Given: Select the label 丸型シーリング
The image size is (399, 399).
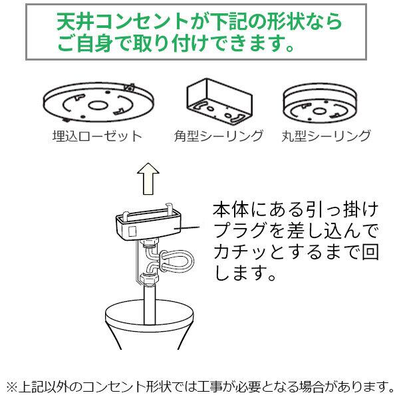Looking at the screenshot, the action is [325, 137].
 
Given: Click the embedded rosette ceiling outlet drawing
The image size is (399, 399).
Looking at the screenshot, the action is [96, 104].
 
